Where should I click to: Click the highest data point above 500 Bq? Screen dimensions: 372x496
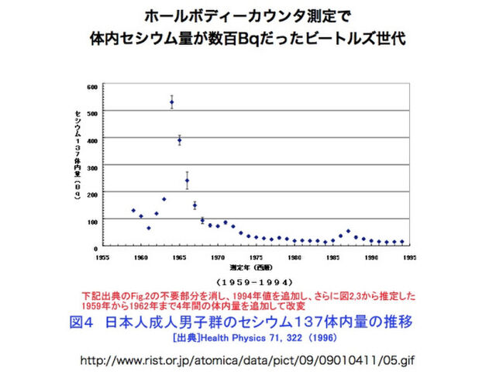pyautogui.click(x=171, y=102)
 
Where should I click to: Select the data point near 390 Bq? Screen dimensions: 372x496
pyautogui.click(x=179, y=140)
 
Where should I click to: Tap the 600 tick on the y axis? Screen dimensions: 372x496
pyautogui.click(x=92, y=86)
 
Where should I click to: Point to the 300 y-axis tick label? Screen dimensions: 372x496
pyautogui.click(x=92, y=167)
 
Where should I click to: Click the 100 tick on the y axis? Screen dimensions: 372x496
pyautogui.click(x=92, y=220)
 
